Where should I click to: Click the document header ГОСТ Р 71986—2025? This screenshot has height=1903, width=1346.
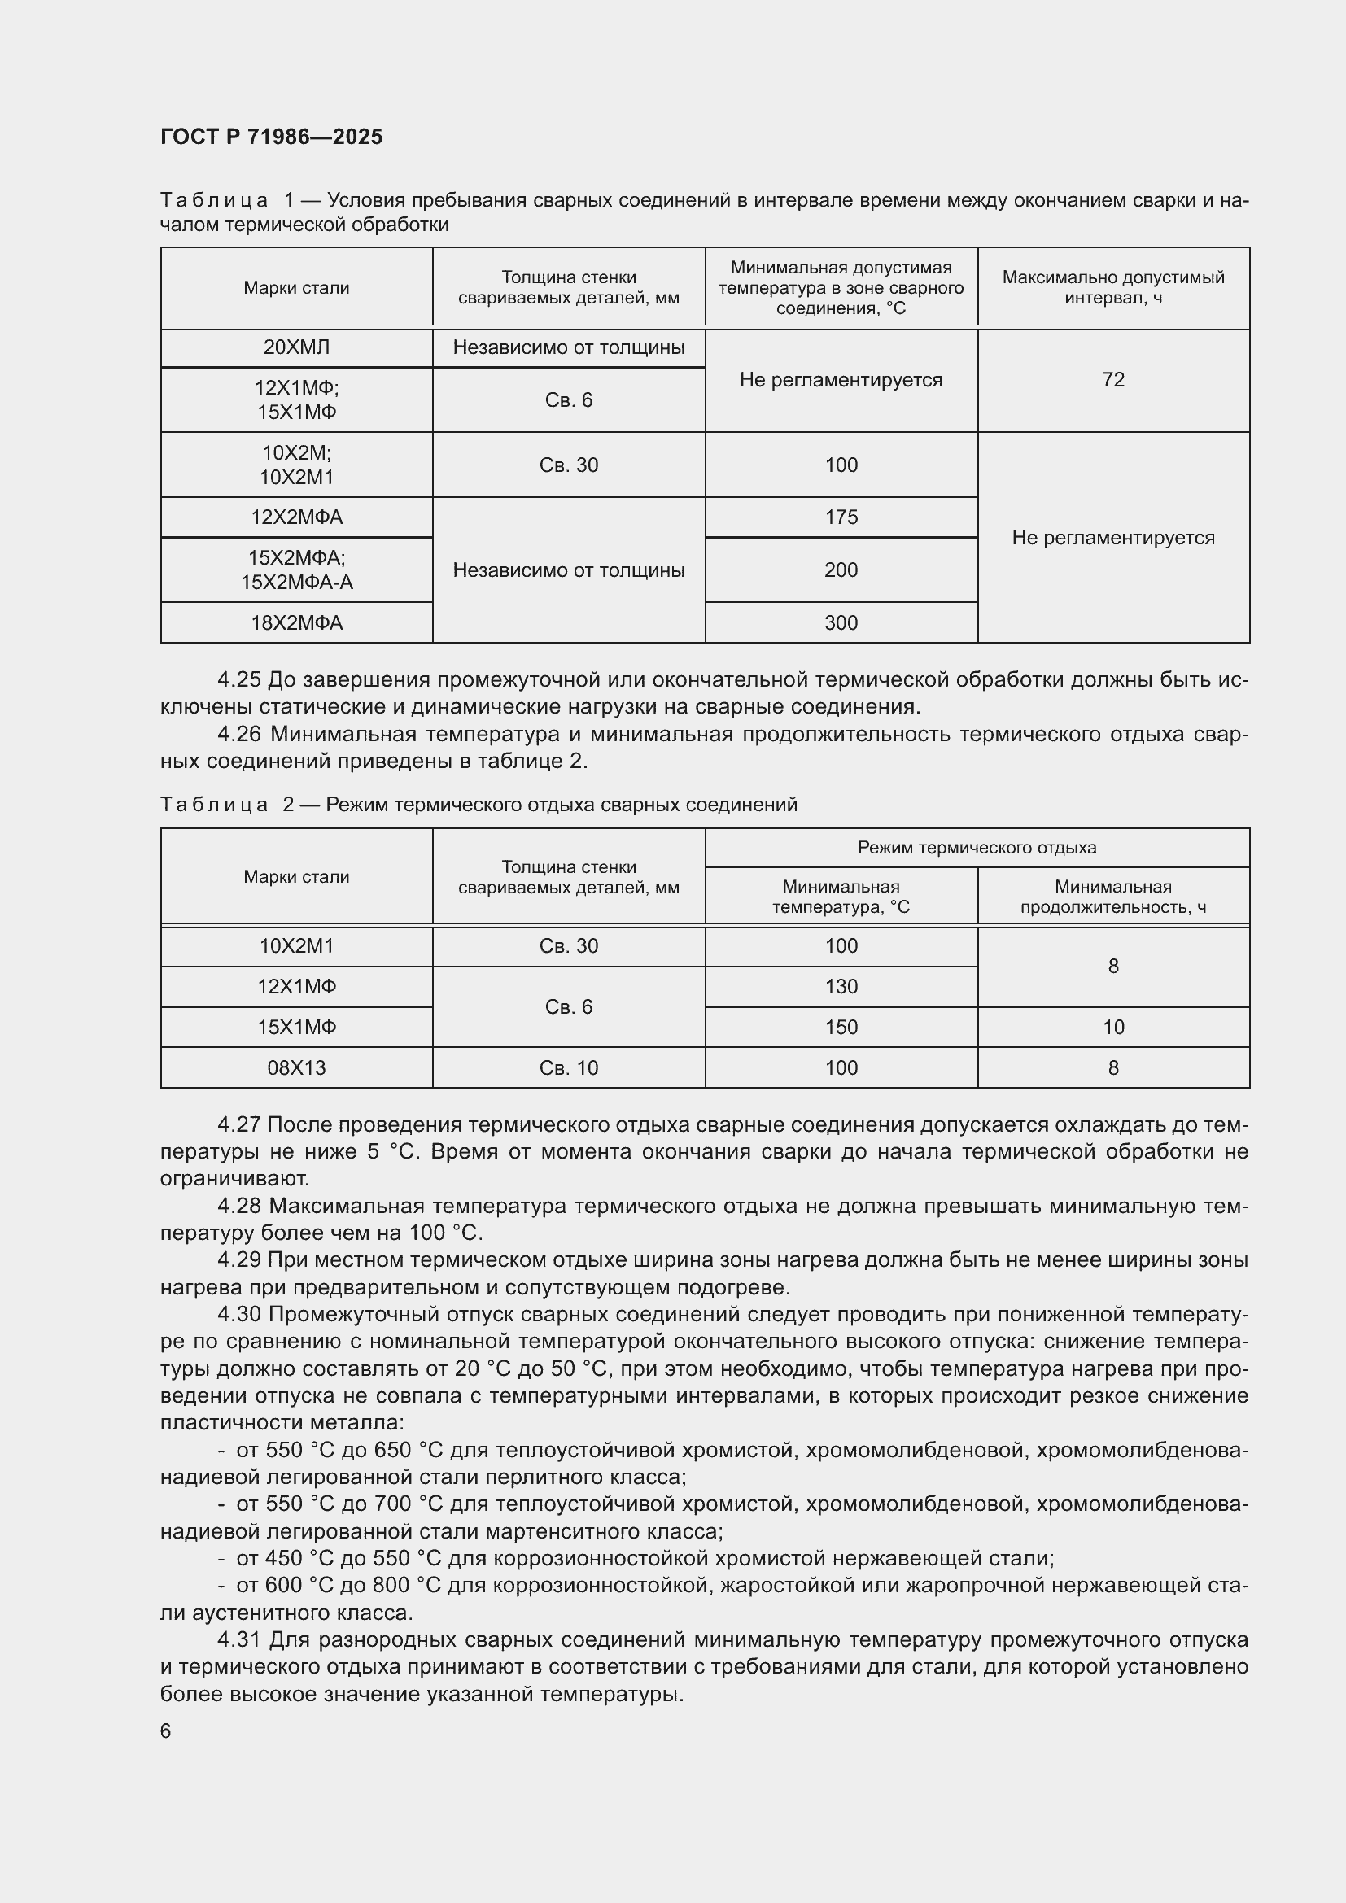point(271,137)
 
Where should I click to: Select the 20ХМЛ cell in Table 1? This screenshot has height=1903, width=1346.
point(296,347)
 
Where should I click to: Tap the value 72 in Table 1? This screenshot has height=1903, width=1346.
point(1113,380)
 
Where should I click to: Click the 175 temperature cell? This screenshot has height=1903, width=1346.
point(841,517)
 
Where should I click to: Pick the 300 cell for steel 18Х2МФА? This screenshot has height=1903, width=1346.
point(841,622)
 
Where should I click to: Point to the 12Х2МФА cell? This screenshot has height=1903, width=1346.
point(296,517)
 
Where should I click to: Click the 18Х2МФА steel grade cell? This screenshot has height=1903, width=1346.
point(296,622)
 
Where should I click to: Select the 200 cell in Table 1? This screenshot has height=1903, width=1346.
point(841,570)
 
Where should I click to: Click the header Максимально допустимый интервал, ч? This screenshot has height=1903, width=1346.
point(1113,286)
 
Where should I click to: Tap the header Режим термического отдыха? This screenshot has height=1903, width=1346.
point(977,847)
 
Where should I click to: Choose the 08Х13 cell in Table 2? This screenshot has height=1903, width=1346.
point(296,1067)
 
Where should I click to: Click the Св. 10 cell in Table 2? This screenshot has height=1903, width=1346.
point(569,1067)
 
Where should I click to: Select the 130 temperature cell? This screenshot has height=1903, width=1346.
point(841,986)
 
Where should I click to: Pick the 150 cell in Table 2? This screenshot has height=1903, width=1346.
point(841,1027)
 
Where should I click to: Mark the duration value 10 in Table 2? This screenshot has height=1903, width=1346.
point(1113,1027)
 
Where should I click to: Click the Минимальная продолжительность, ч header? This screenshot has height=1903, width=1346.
point(1113,896)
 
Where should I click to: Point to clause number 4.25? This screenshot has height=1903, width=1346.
point(238,679)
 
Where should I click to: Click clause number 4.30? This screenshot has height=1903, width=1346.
point(238,1314)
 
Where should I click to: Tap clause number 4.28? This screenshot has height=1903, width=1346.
point(238,1206)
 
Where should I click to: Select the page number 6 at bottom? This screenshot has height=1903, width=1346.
point(166,1731)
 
